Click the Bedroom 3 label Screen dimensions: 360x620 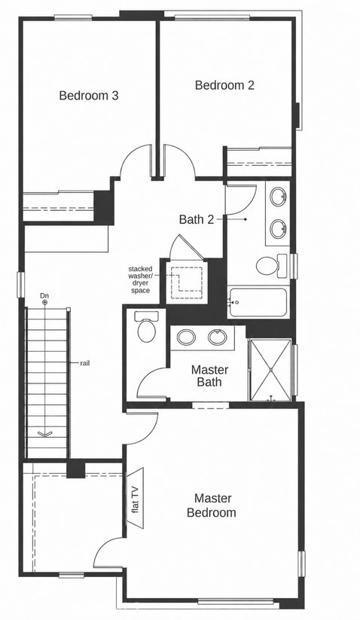(89, 95)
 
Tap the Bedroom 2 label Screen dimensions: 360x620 (224, 85)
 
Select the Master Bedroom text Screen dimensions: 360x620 (212, 505)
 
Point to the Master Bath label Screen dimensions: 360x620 (210, 376)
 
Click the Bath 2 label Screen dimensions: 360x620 (196, 219)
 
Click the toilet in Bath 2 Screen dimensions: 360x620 (271, 265)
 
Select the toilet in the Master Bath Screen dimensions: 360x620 (147, 327)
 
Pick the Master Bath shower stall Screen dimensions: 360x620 (271, 370)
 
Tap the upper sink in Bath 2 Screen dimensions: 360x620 (279, 197)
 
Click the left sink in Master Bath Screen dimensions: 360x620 (186, 337)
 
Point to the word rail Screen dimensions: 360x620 (84, 363)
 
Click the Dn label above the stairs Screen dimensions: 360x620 (44, 295)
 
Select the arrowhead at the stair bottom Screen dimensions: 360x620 (44, 433)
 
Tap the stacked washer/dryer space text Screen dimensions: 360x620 (139, 279)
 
